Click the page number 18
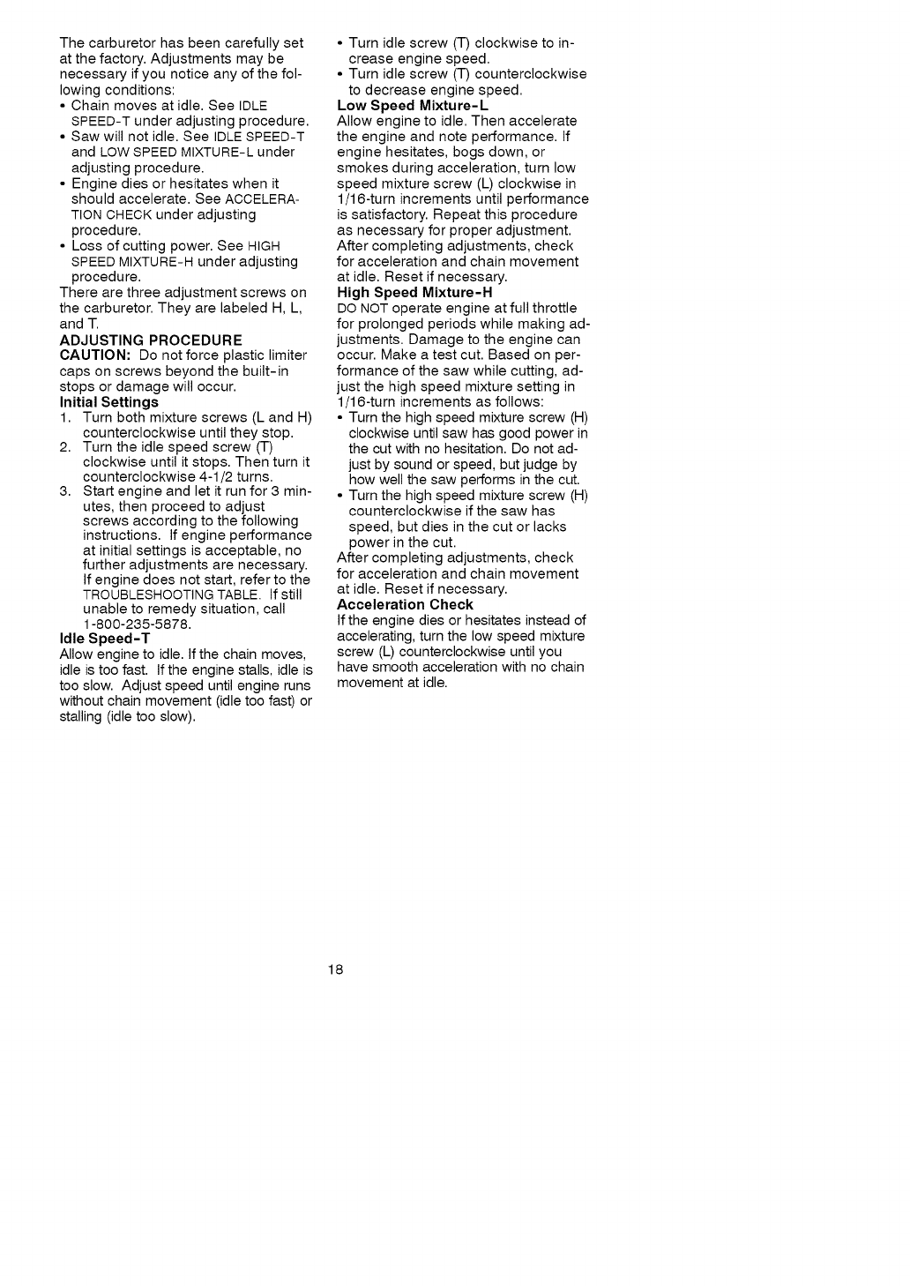[335, 970]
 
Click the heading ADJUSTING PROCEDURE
[151, 340]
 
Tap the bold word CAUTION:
[95, 355]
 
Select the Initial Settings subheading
[108, 401]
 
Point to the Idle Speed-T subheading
[105, 638]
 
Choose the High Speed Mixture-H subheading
[414, 292]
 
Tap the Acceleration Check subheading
[405, 604]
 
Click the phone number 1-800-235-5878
[137, 624]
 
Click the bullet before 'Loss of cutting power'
[63, 246]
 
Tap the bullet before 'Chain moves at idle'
[63, 106]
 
